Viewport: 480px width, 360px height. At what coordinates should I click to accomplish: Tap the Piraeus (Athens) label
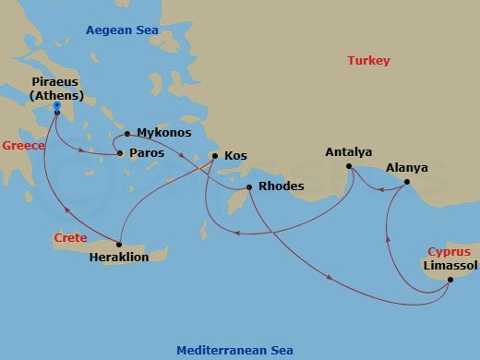(x=57, y=88)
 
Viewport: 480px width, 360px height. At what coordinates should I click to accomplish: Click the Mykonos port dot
(x=126, y=133)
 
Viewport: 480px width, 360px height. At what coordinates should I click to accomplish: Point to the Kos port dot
(x=214, y=155)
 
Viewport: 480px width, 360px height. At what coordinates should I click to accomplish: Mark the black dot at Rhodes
(x=248, y=187)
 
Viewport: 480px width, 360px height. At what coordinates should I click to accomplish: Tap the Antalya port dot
(x=349, y=166)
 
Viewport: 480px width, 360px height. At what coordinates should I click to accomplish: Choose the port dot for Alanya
(x=407, y=183)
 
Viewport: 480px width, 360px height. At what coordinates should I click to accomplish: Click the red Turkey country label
(x=368, y=61)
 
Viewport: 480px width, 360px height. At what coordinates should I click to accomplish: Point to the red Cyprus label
(x=449, y=251)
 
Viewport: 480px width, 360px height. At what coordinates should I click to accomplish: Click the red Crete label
(x=69, y=238)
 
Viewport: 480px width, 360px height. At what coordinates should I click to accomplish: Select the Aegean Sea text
(x=122, y=30)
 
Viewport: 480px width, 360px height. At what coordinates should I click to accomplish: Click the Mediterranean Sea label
(x=234, y=350)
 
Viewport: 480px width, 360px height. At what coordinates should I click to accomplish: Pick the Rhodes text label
(x=282, y=186)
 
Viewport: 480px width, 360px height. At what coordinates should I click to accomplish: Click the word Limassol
(x=449, y=266)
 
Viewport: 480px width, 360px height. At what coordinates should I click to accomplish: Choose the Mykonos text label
(x=164, y=133)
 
